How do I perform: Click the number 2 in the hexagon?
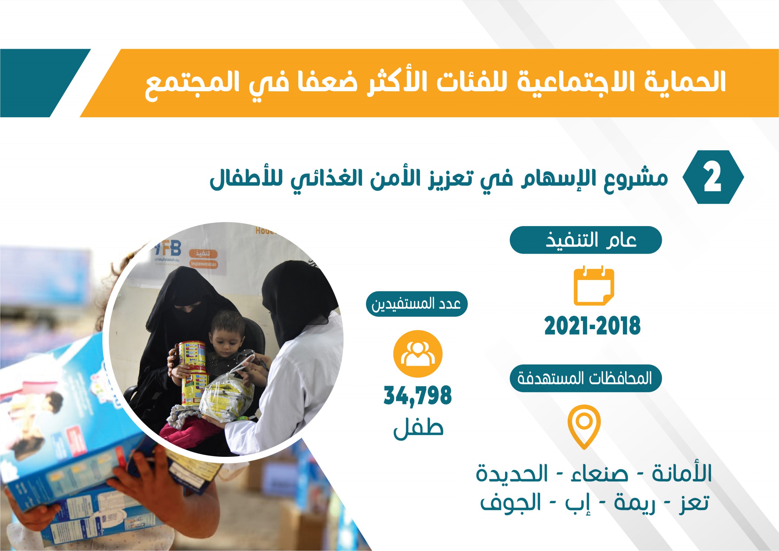click(x=712, y=177)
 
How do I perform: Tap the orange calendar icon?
click(x=594, y=286)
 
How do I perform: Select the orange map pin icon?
click(x=584, y=426)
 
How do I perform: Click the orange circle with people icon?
click(x=418, y=354)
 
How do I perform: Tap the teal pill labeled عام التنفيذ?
click(x=586, y=240)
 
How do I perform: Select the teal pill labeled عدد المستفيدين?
click(x=417, y=304)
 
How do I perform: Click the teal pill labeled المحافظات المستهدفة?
click(x=586, y=378)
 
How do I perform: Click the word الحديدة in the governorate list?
click(x=512, y=474)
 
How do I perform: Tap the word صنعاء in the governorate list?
click(x=599, y=474)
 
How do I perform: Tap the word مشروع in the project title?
click(x=636, y=178)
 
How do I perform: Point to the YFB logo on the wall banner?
click(x=168, y=249)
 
